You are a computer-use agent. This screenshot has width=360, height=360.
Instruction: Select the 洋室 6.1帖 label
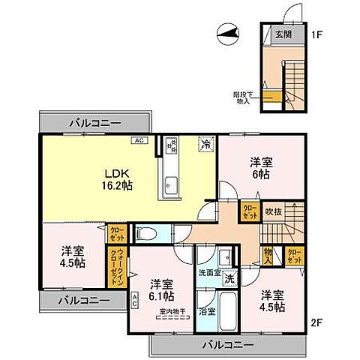click(162, 290)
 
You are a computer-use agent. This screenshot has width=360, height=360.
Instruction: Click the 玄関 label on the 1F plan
click(282, 33)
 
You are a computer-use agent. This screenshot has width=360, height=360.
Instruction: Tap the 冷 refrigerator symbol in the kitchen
click(205, 145)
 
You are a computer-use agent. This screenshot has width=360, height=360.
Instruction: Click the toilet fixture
click(148, 234)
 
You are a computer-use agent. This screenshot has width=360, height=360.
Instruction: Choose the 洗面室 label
click(208, 274)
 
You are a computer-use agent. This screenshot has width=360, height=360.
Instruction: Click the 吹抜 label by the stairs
click(273, 212)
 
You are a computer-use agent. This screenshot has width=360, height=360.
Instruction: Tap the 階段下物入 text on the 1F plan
click(244, 97)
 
